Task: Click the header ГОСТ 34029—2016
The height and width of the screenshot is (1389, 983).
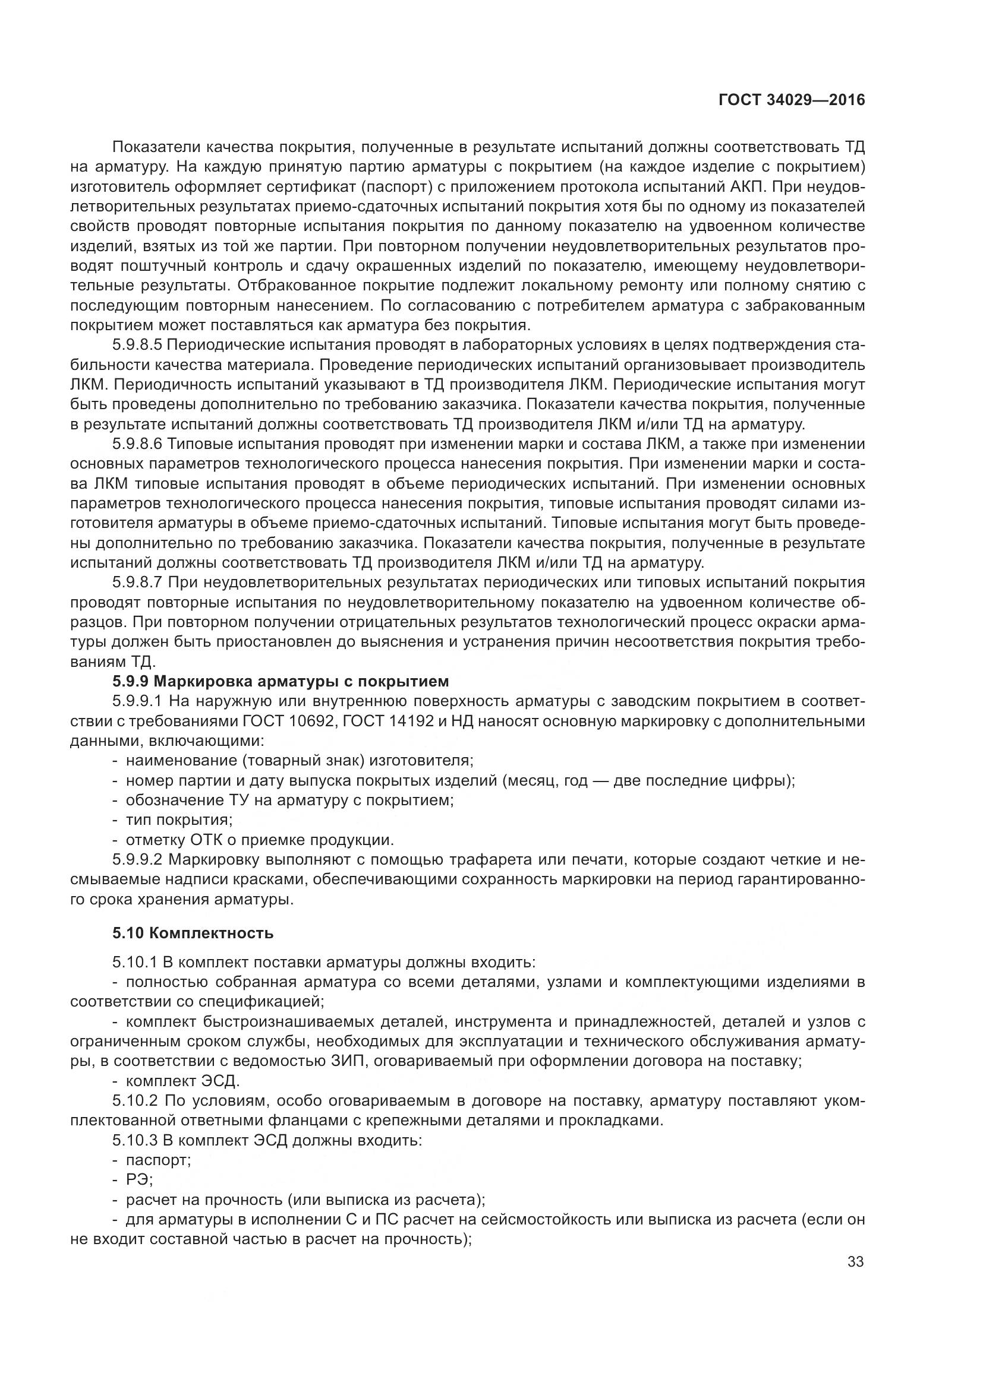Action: pyautogui.click(x=791, y=100)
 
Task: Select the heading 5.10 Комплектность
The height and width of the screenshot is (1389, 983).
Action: pyautogui.click(x=193, y=932)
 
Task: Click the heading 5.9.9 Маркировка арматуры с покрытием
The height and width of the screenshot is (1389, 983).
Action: pyautogui.click(x=281, y=681)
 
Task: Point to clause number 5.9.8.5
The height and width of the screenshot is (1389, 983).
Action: pyautogui.click(x=137, y=345)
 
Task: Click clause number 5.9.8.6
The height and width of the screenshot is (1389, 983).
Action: pyautogui.click(x=137, y=444)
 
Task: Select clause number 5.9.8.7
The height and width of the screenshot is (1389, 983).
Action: pyautogui.click(x=137, y=582)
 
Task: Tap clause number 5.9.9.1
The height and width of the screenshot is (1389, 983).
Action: pyautogui.click(x=137, y=701)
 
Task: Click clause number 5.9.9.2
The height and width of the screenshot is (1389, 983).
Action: pyautogui.click(x=137, y=860)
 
